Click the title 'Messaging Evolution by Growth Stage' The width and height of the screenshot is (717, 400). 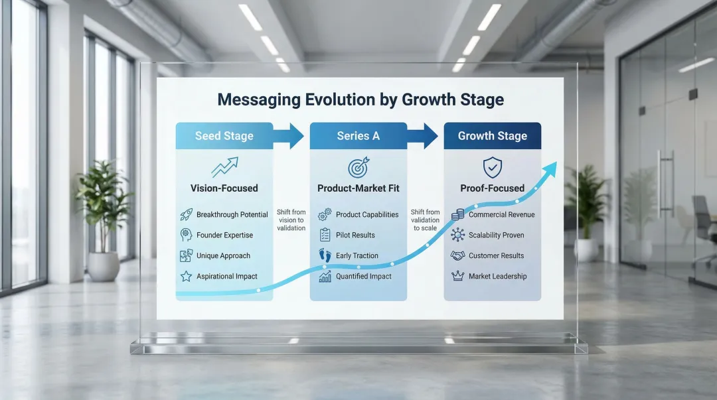tap(360, 100)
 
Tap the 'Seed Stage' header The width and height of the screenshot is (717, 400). tap(224, 136)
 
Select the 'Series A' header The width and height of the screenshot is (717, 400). tap(358, 136)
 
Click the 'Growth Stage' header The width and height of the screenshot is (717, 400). tap(493, 136)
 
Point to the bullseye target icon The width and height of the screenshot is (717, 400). tap(358, 167)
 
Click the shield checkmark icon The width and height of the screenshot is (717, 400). tap(493, 167)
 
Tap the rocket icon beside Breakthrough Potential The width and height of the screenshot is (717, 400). tap(186, 214)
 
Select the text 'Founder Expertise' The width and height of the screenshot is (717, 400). tap(224, 235)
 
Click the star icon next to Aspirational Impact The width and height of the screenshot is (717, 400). tap(186, 276)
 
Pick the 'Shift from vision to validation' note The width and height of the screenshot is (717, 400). tap(291, 220)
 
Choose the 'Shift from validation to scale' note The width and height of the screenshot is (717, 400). tap(426, 220)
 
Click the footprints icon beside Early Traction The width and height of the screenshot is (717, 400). tap(325, 255)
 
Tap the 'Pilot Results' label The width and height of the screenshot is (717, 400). tap(355, 235)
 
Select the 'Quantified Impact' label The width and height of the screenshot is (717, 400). tap(364, 276)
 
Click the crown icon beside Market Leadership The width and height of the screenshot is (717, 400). tap(457, 276)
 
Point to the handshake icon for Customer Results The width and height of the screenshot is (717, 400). tap(457, 255)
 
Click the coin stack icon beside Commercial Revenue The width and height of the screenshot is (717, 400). tap(457, 214)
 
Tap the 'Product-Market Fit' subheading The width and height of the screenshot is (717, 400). tap(358, 188)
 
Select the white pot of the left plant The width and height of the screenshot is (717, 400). tap(104, 267)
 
